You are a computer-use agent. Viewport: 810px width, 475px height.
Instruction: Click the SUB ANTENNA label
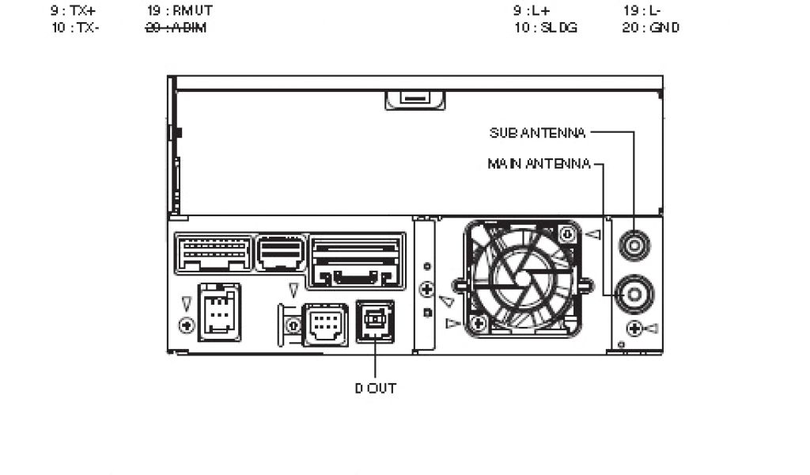coord(538,132)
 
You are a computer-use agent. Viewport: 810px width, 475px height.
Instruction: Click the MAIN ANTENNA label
coord(539,164)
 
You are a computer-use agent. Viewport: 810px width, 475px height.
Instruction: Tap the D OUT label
coord(375,389)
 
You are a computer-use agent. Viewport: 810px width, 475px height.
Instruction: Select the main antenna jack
coord(634,294)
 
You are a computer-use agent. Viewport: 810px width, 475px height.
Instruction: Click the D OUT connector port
coord(375,321)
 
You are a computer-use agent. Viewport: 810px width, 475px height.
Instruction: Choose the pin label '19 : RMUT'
coord(180,12)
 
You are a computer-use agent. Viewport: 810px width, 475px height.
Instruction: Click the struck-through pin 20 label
coord(176,28)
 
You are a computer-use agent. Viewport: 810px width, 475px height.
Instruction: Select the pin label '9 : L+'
coord(531,12)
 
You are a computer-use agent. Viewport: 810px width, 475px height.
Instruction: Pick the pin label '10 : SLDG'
coord(545,28)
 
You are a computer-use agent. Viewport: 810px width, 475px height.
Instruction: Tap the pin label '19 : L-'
coord(642,12)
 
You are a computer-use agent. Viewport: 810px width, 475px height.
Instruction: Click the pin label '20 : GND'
coord(650,28)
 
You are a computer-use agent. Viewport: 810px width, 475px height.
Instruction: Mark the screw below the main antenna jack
coord(633,328)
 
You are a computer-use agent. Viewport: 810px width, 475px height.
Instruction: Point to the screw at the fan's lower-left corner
coord(477,323)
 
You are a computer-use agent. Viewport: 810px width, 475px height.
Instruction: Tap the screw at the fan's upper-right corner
coord(566,234)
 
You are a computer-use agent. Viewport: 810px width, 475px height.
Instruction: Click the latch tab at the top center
coord(415,99)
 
